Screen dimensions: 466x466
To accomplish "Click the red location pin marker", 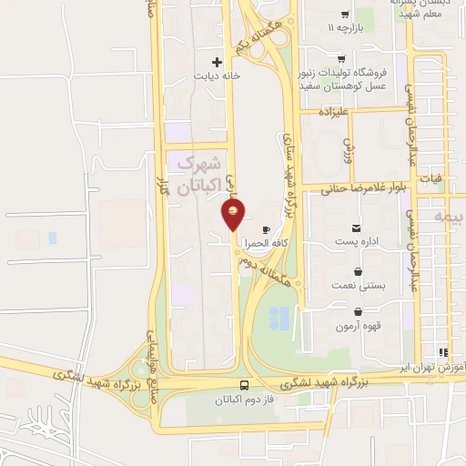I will point(234,216).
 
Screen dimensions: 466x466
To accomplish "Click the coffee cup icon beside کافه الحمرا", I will point(266,229).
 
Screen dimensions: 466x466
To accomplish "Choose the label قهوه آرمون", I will point(358,325).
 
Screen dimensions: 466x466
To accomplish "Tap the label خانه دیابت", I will point(217,76).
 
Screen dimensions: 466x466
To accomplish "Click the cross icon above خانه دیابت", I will point(217,61).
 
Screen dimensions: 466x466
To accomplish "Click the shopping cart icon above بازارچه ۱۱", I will point(344,14).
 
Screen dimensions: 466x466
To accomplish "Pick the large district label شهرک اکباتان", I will point(198,176).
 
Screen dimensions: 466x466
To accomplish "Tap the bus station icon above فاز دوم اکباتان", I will point(244,386).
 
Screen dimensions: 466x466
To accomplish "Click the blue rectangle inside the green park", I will point(280,318).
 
